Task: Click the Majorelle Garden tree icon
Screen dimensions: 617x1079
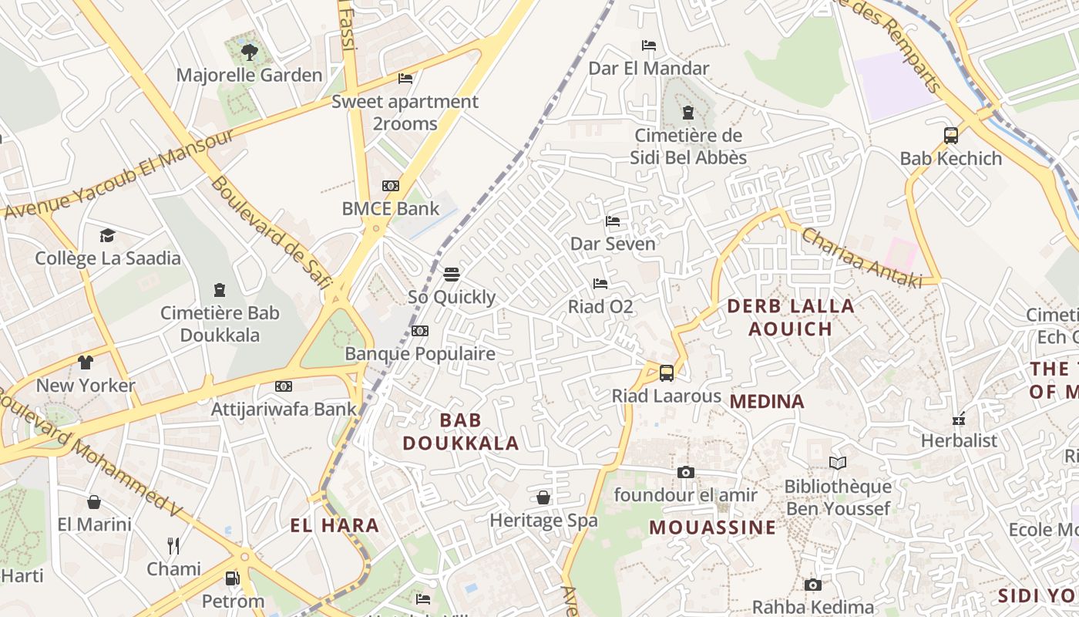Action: (249, 52)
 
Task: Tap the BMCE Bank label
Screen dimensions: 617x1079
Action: (391, 208)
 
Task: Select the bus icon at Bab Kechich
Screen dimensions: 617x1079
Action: (951, 136)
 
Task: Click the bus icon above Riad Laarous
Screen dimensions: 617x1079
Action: (667, 373)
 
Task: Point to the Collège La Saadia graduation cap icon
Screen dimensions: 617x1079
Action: (107, 235)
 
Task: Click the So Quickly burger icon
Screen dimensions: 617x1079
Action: (452, 275)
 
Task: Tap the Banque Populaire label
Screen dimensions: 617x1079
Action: (420, 354)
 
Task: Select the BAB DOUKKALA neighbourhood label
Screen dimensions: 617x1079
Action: (461, 432)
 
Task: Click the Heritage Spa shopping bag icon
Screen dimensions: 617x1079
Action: (543, 497)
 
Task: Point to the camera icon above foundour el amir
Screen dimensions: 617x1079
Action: (685, 472)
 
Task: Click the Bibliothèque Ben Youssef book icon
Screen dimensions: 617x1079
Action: (838, 464)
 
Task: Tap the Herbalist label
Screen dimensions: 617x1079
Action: (960, 441)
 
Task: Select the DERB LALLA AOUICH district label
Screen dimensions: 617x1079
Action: (791, 317)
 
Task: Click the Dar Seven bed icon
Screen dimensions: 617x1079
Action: (613, 221)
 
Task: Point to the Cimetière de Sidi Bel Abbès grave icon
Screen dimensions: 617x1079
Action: (688, 113)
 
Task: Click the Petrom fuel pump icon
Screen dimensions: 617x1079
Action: (232, 578)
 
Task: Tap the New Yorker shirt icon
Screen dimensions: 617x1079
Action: (86, 362)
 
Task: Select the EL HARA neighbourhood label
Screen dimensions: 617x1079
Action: (334, 526)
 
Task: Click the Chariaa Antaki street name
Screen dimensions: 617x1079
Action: (861, 258)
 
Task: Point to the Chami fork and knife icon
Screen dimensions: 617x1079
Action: (173, 546)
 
